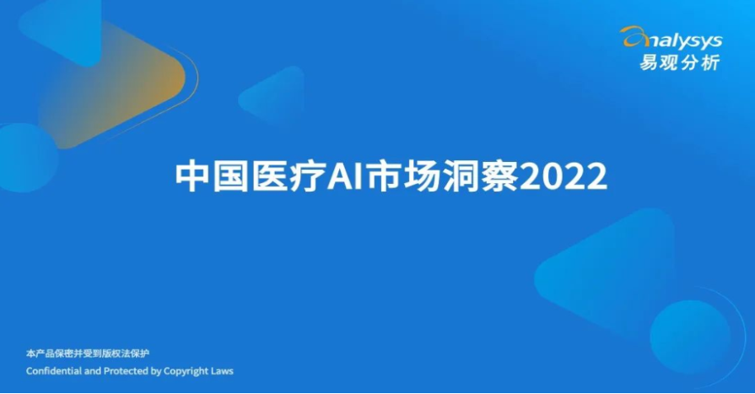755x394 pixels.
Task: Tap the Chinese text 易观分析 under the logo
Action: [x=679, y=62]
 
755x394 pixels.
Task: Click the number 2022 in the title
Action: [x=564, y=177]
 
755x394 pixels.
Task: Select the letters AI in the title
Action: [x=345, y=177]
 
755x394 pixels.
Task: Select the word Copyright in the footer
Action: [x=186, y=372]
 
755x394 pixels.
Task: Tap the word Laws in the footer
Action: [x=222, y=371]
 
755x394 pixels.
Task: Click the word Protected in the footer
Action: [x=127, y=371]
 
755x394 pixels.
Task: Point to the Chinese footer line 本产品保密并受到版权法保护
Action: [x=88, y=354]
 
